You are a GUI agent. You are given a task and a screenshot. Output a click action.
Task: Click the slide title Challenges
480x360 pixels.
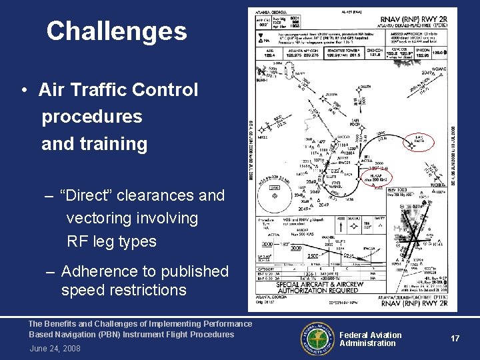pyautogui.click(x=117, y=31)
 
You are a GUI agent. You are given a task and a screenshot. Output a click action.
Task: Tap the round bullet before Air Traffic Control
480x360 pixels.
pyautogui.click(x=23, y=90)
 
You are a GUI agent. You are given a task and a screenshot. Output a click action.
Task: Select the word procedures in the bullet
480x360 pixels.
pyautogui.click(x=92, y=117)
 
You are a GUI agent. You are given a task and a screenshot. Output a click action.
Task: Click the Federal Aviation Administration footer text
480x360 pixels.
pyautogui.click(x=371, y=339)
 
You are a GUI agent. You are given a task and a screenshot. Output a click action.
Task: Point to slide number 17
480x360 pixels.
pyautogui.click(x=455, y=339)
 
